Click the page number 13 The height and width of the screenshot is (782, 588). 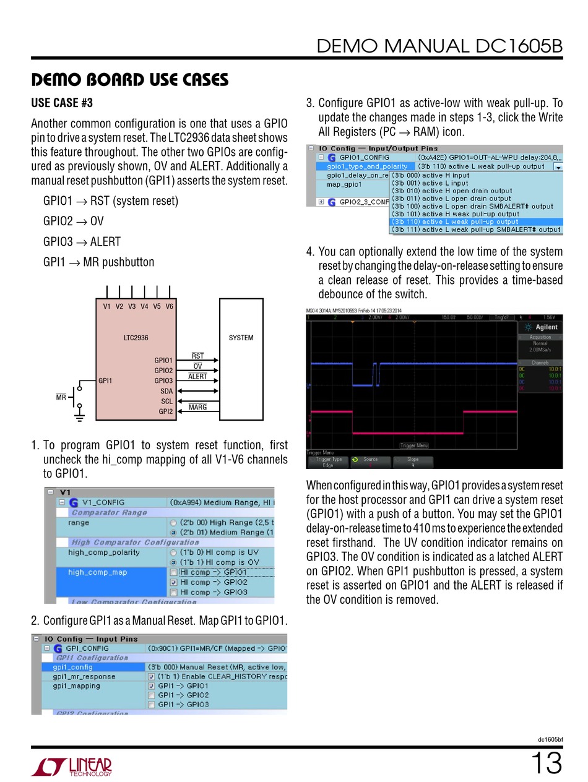tap(546, 763)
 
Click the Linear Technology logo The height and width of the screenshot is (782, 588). tap(72, 767)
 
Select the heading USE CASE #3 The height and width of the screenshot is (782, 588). tap(62, 103)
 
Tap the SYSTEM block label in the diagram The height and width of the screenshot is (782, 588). tap(241, 338)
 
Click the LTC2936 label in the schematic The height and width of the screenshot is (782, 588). tap(136, 338)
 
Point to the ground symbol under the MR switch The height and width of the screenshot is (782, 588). tap(79, 418)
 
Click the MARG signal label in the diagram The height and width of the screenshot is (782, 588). tap(197, 407)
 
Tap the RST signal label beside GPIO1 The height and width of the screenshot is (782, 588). tap(197, 356)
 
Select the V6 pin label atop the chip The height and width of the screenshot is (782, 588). tap(169, 306)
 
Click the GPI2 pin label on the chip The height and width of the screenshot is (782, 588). tap(165, 411)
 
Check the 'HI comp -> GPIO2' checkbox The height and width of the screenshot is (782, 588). tap(174, 582)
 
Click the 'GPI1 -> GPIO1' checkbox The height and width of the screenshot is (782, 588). tap(152, 686)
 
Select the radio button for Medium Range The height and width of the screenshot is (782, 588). tap(174, 533)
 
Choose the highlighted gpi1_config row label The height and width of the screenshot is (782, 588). tap(72, 667)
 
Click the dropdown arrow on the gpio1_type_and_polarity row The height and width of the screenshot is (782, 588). tap(558, 166)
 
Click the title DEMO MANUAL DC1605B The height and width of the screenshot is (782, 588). tap(439, 46)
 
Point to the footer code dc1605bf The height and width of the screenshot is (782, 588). tap(550, 739)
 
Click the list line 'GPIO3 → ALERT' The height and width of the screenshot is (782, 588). tap(82, 242)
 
